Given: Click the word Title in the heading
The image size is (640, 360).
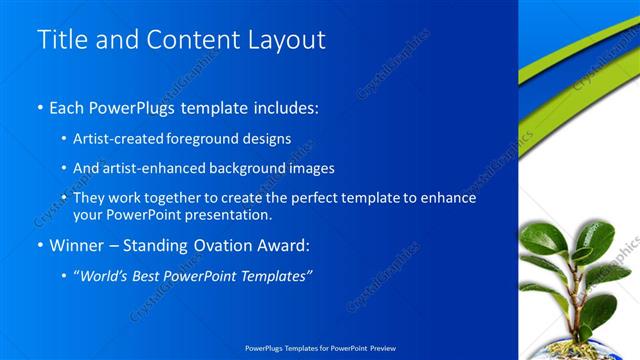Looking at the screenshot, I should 59,40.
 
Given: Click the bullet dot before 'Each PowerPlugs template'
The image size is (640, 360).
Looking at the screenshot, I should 40,107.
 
